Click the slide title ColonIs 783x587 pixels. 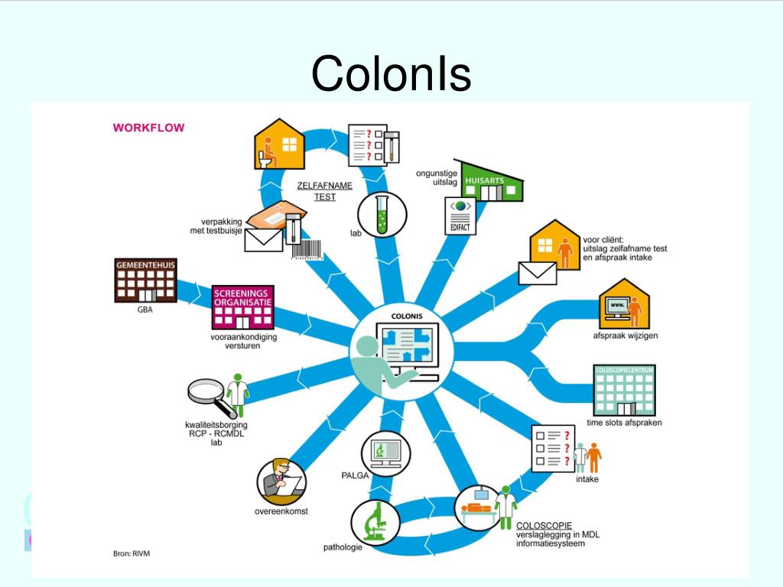coord(391,74)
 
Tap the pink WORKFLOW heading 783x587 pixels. coord(148,128)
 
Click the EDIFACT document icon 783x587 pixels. coord(460,216)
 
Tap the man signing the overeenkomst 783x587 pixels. coord(280,480)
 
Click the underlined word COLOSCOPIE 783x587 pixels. coord(544,526)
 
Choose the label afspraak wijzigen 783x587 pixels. coord(625,336)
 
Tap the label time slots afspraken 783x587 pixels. coord(624,423)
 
